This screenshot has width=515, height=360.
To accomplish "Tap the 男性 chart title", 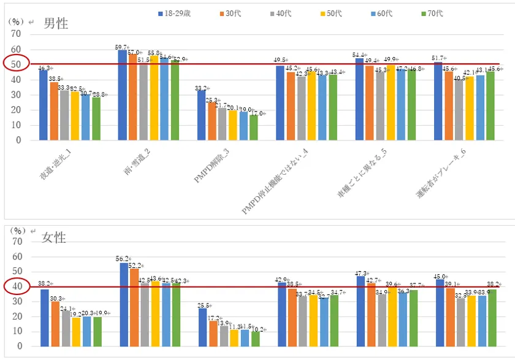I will tap(56, 24).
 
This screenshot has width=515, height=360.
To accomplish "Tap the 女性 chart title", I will tap(54, 237).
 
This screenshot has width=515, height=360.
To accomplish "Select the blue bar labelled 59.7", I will tap(123, 95).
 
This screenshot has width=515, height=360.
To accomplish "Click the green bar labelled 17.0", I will tap(254, 128).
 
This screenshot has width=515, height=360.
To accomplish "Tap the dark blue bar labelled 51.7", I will tap(438, 101).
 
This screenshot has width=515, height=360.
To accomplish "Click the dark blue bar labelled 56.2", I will tap(124, 304).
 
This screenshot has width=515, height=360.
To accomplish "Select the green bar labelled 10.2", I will tap(255, 339).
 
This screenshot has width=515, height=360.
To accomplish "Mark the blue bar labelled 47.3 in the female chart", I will tap(360, 311).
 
